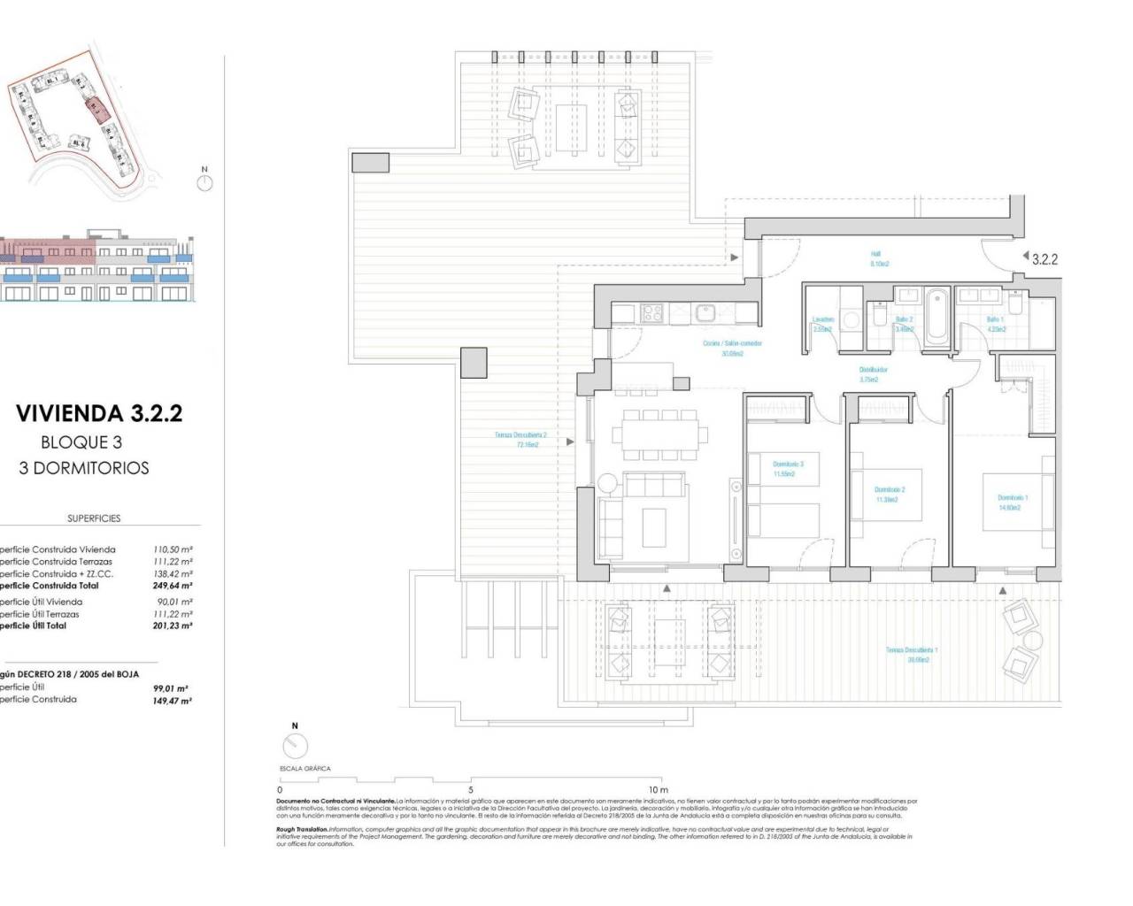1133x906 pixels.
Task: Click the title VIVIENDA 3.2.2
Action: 99,413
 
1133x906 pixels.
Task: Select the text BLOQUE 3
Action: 81,442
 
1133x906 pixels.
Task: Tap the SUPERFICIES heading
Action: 94,518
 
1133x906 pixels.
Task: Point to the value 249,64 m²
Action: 173,586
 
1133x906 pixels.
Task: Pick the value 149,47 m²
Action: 173,700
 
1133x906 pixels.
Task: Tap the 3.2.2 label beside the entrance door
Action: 1044,259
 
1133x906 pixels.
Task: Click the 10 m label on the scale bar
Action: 658,789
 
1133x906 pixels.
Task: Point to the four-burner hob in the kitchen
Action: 651,312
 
